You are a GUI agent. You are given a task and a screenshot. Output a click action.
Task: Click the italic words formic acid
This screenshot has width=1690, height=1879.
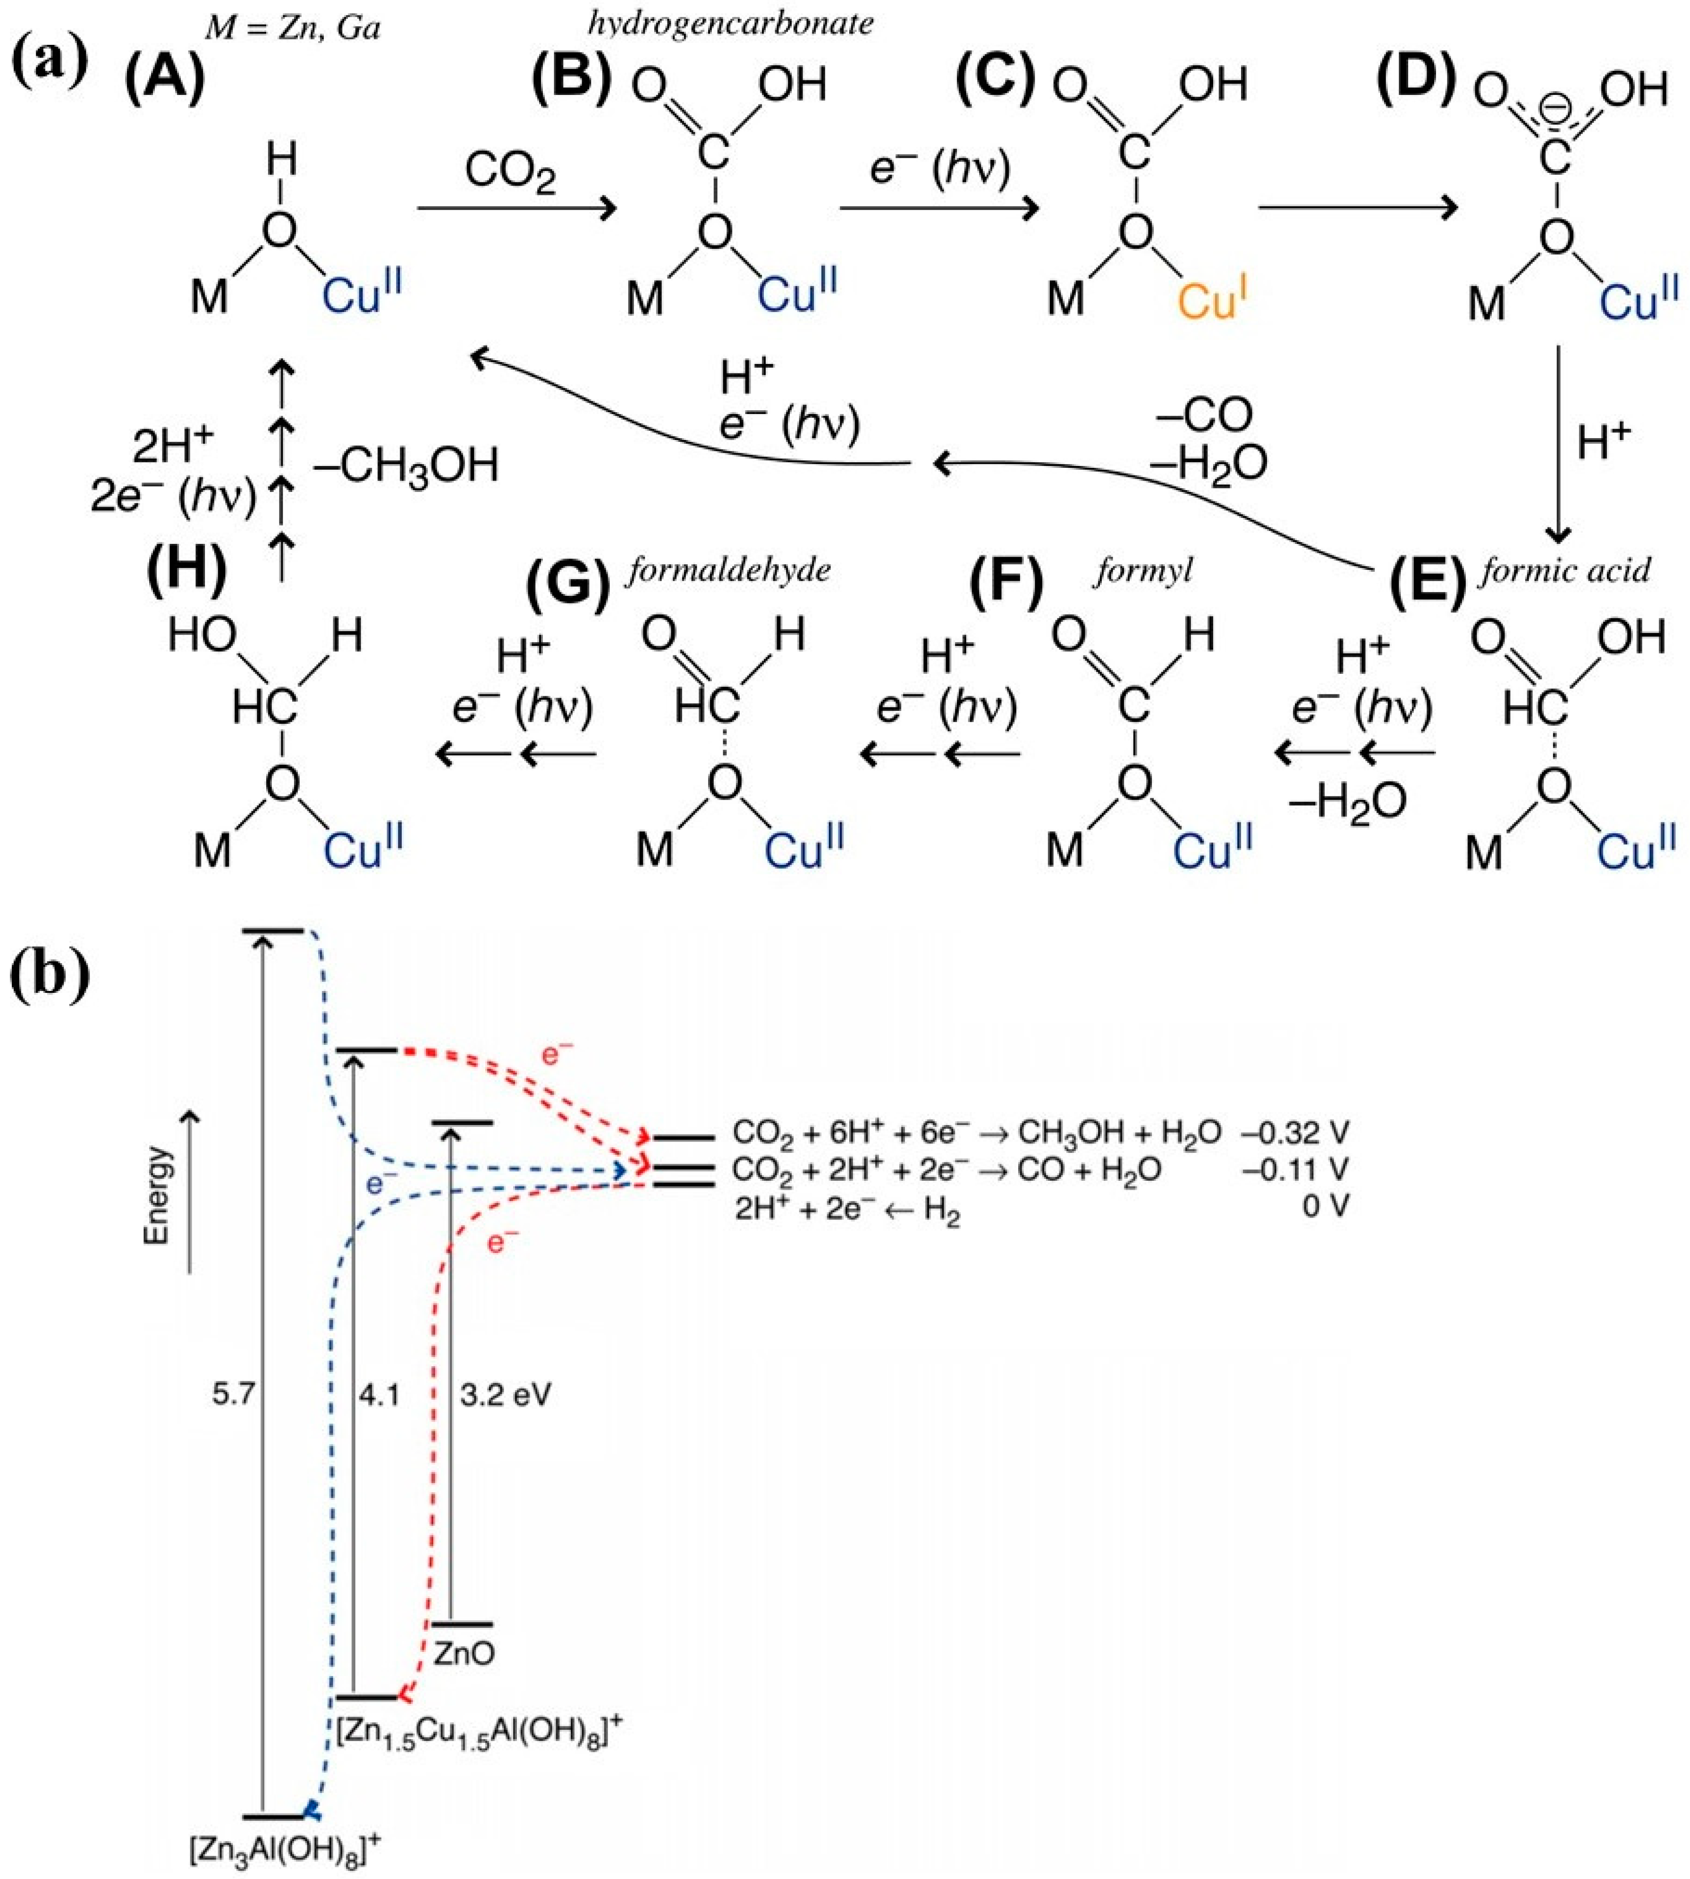click(1566, 569)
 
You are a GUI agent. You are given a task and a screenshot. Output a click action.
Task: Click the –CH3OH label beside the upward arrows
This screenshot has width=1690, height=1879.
click(406, 466)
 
